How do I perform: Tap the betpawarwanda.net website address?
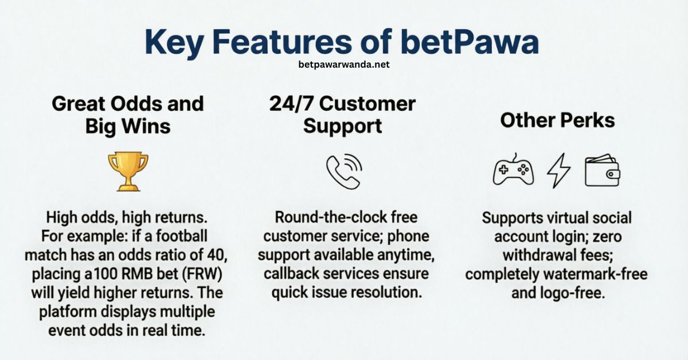(x=344, y=65)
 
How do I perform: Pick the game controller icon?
(x=513, y=171)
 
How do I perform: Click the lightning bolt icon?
(x=559, y=171)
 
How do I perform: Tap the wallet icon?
(x=602, y=171)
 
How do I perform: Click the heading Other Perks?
(x=557, y=120)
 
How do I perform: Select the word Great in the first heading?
(x=79, y=104)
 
